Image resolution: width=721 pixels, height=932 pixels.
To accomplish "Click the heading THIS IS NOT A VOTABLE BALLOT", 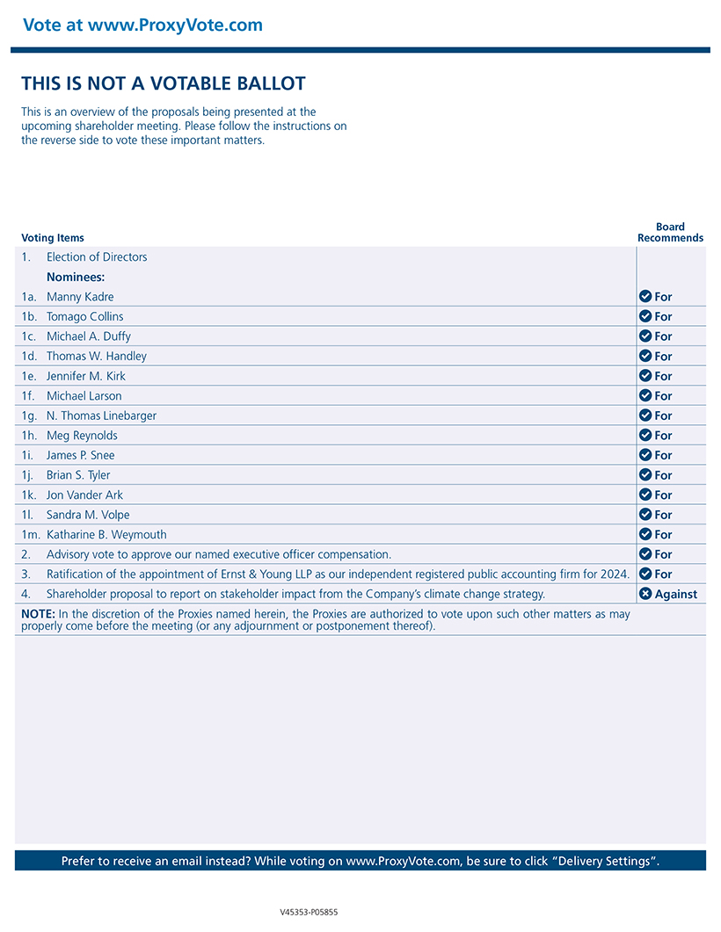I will (164, 84).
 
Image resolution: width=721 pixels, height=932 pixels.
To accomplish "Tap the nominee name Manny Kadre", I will (80, 297).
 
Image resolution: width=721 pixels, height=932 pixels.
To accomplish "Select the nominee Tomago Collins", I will (84, 317).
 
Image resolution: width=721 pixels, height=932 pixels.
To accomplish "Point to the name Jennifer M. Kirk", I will (86, 376).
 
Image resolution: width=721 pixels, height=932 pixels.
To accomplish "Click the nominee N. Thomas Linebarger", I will (101, 415).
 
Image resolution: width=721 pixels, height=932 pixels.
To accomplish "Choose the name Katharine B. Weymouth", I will (106, 535).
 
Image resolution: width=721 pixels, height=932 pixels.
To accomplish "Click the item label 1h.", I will (29, 436).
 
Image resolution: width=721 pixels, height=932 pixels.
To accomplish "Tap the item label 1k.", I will (29, 495).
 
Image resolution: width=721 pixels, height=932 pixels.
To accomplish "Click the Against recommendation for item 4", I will (675, 595).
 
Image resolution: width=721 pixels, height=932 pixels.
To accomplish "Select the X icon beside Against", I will (645, 594).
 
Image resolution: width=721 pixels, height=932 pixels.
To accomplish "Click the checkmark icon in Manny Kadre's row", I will (645, 297).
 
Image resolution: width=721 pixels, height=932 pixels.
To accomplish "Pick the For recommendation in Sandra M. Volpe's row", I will (663, 515).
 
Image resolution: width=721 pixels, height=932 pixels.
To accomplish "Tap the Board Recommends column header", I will (670, 232).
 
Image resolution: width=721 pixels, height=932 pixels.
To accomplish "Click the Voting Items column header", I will (53, 238).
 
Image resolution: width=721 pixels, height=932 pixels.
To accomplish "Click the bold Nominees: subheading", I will (76, 278).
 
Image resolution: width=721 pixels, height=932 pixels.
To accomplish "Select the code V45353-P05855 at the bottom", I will (309, 912).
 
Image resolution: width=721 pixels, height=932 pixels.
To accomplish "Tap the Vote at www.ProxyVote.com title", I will (142, 25).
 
